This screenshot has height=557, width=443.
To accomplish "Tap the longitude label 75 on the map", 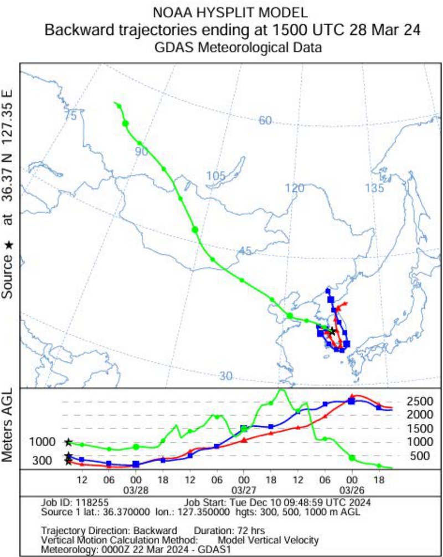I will click(70, 116).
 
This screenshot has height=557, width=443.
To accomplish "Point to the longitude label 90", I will click(141, 151).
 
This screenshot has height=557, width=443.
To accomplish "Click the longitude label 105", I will click(216, 176).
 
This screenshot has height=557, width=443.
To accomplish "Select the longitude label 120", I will click(295, 188).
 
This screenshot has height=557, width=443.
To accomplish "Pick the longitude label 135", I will click(374, 188).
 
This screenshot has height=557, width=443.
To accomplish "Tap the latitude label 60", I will click(265, 120).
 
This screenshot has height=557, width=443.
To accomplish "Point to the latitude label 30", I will click(225, 376).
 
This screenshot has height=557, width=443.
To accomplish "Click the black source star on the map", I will click(332, 331).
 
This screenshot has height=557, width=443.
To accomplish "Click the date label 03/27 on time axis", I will click(244, 490).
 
